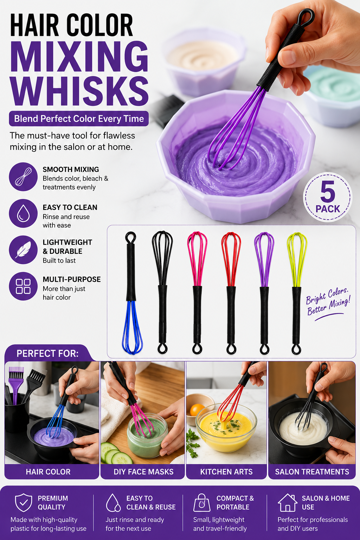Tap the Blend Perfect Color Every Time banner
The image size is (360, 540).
tap(79, 118)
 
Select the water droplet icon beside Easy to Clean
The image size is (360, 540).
tap(23, 213)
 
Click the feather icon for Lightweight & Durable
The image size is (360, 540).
tap(23, 250)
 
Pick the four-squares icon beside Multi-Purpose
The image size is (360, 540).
tap(23, 287)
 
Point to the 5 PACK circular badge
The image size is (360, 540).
tap(328, 197)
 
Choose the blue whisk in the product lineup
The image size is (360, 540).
tap(131, 293)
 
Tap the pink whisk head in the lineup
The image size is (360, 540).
tap(197, 259)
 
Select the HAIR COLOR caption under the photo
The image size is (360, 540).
tap(48, 472)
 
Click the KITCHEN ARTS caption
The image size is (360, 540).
tap(226, 472)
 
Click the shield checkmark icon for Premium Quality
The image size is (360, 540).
tap(24, 502)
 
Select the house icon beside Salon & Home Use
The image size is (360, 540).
tap(288, 502)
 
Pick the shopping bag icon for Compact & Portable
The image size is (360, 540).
tap(202, 502)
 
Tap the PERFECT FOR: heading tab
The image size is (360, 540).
tap(47, 353)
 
